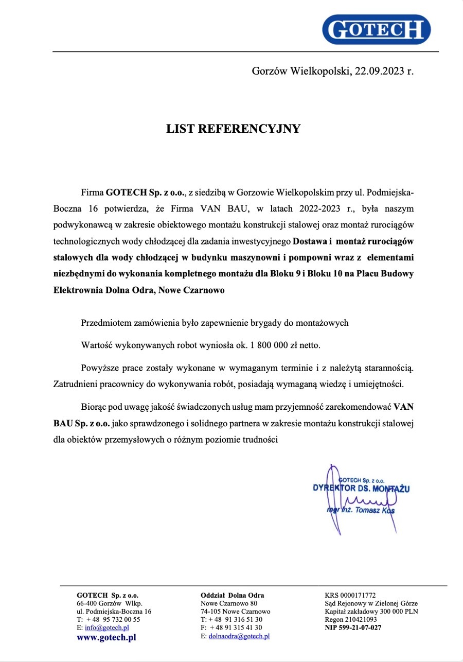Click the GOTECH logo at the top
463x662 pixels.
click(x=377, y=30)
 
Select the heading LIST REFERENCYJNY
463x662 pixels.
click(x=233, y=129)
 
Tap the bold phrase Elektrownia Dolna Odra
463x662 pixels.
click(x=104, y=290)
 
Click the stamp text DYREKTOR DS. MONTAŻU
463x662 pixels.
click(x=361, y=488)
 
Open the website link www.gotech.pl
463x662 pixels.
click(x=106, y=637)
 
